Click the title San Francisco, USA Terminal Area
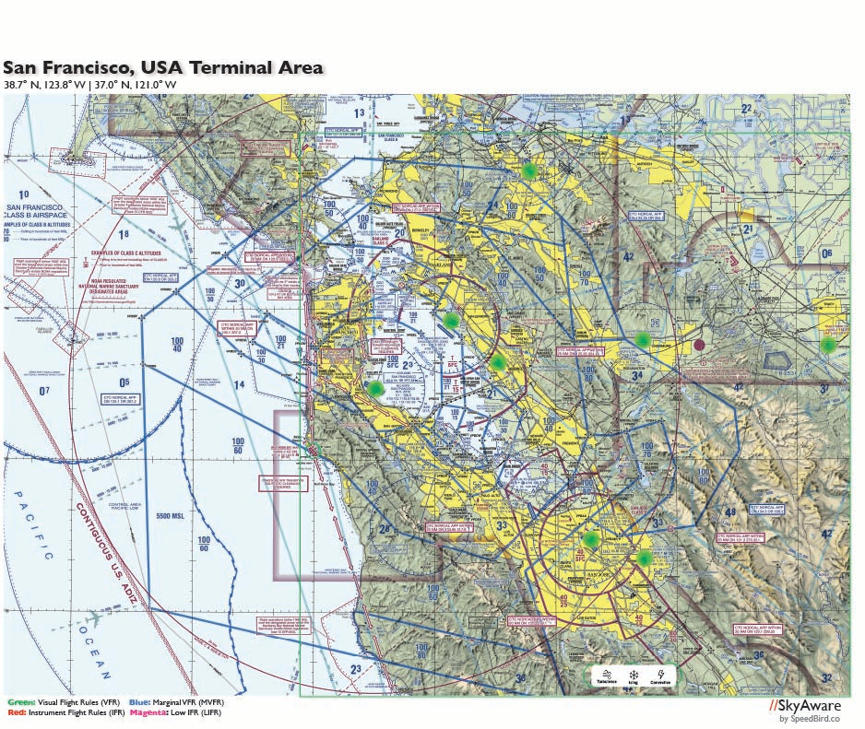pyautogui.click(x=163, y=67)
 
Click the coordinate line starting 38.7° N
pyautogui.click(x=89, y=85)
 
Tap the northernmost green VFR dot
pyautogui.click(x=528, y=170)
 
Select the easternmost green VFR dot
pyautogui.click(x=828, y=345)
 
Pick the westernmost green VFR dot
pyautogui.click(x=375, y=389)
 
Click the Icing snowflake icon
pyautogui.click(x=633, y=676)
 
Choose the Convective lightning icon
pyautogui.click(x=660, y=676)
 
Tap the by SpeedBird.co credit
pyautogui.click(x=810, y=719)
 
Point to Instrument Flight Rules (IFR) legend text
pyautogui.click(x=74, y=713)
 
